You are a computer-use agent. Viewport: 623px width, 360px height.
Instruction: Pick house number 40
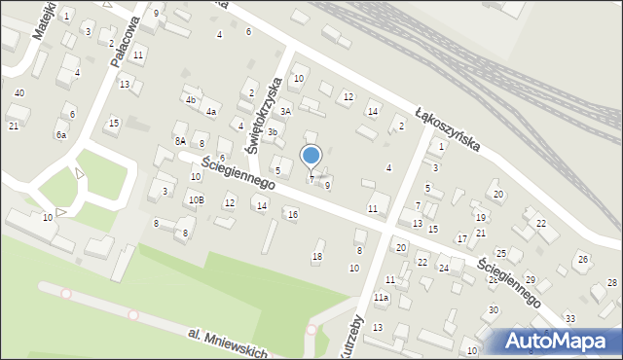click(19, 92)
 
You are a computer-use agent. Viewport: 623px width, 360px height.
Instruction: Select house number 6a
click(60, 135)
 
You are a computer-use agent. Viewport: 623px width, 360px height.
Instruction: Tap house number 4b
click(191, 99)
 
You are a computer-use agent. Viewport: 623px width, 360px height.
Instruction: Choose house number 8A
click(180, 141)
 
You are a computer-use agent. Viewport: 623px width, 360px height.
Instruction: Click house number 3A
click(286, 112)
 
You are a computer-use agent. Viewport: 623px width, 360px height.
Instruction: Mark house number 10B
click(197, 200)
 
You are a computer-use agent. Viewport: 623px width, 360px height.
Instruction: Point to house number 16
click(292, 214)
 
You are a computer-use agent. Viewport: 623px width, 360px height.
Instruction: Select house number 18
click(316, 257)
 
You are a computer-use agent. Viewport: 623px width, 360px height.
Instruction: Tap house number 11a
click(384, 297)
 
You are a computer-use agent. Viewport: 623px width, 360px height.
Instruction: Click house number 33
click(569, 318)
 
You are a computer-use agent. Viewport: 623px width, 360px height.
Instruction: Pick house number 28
click(611, 282)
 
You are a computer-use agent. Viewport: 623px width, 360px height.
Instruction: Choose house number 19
click(480, 217)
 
